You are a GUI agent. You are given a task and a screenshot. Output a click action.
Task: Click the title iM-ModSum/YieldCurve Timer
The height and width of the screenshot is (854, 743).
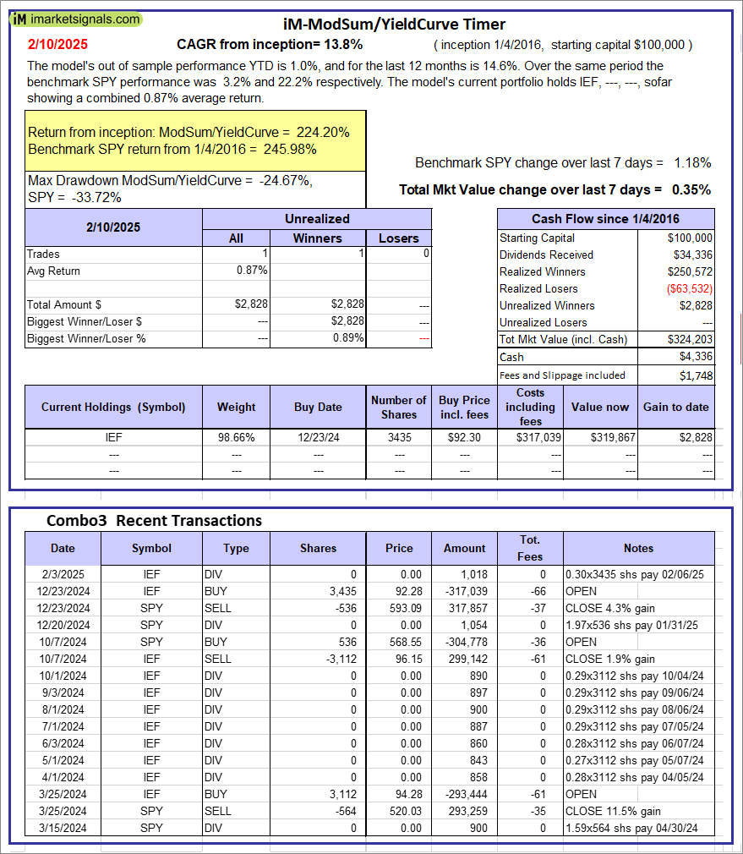tap(394, 25)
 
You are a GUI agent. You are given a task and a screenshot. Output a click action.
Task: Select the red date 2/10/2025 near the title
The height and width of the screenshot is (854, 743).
tap(57, 44)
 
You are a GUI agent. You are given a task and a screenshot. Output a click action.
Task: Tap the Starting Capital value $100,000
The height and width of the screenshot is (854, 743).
tap(690, 238)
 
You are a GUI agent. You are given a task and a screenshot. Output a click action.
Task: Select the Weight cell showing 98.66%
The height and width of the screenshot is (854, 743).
tap(236, 437)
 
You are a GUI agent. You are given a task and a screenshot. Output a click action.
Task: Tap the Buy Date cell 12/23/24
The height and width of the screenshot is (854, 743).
tap(318, 437)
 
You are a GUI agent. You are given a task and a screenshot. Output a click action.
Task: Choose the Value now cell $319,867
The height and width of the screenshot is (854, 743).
tap(599, 437)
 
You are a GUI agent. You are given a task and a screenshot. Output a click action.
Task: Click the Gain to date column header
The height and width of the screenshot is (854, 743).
tap(675, 407)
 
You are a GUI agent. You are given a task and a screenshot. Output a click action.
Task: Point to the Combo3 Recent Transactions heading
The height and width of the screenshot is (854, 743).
tap(154, 521)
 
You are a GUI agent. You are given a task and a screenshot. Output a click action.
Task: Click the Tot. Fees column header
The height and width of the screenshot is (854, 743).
tap(530, 548)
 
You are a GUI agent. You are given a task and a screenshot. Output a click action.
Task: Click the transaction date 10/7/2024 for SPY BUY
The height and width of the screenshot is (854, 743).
tap(63, 642)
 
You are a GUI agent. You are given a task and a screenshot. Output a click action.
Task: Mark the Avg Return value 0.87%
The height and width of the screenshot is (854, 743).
tap(252, 271)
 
